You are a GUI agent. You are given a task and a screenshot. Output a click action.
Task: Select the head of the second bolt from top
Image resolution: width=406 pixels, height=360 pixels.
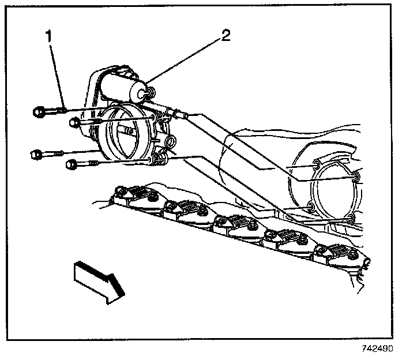(x=74, y=122)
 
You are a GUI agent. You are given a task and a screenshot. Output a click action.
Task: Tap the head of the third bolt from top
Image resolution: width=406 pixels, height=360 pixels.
(x=36, y=154)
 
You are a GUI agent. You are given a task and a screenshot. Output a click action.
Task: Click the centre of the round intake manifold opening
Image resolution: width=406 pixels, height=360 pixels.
(x=330, y=191)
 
